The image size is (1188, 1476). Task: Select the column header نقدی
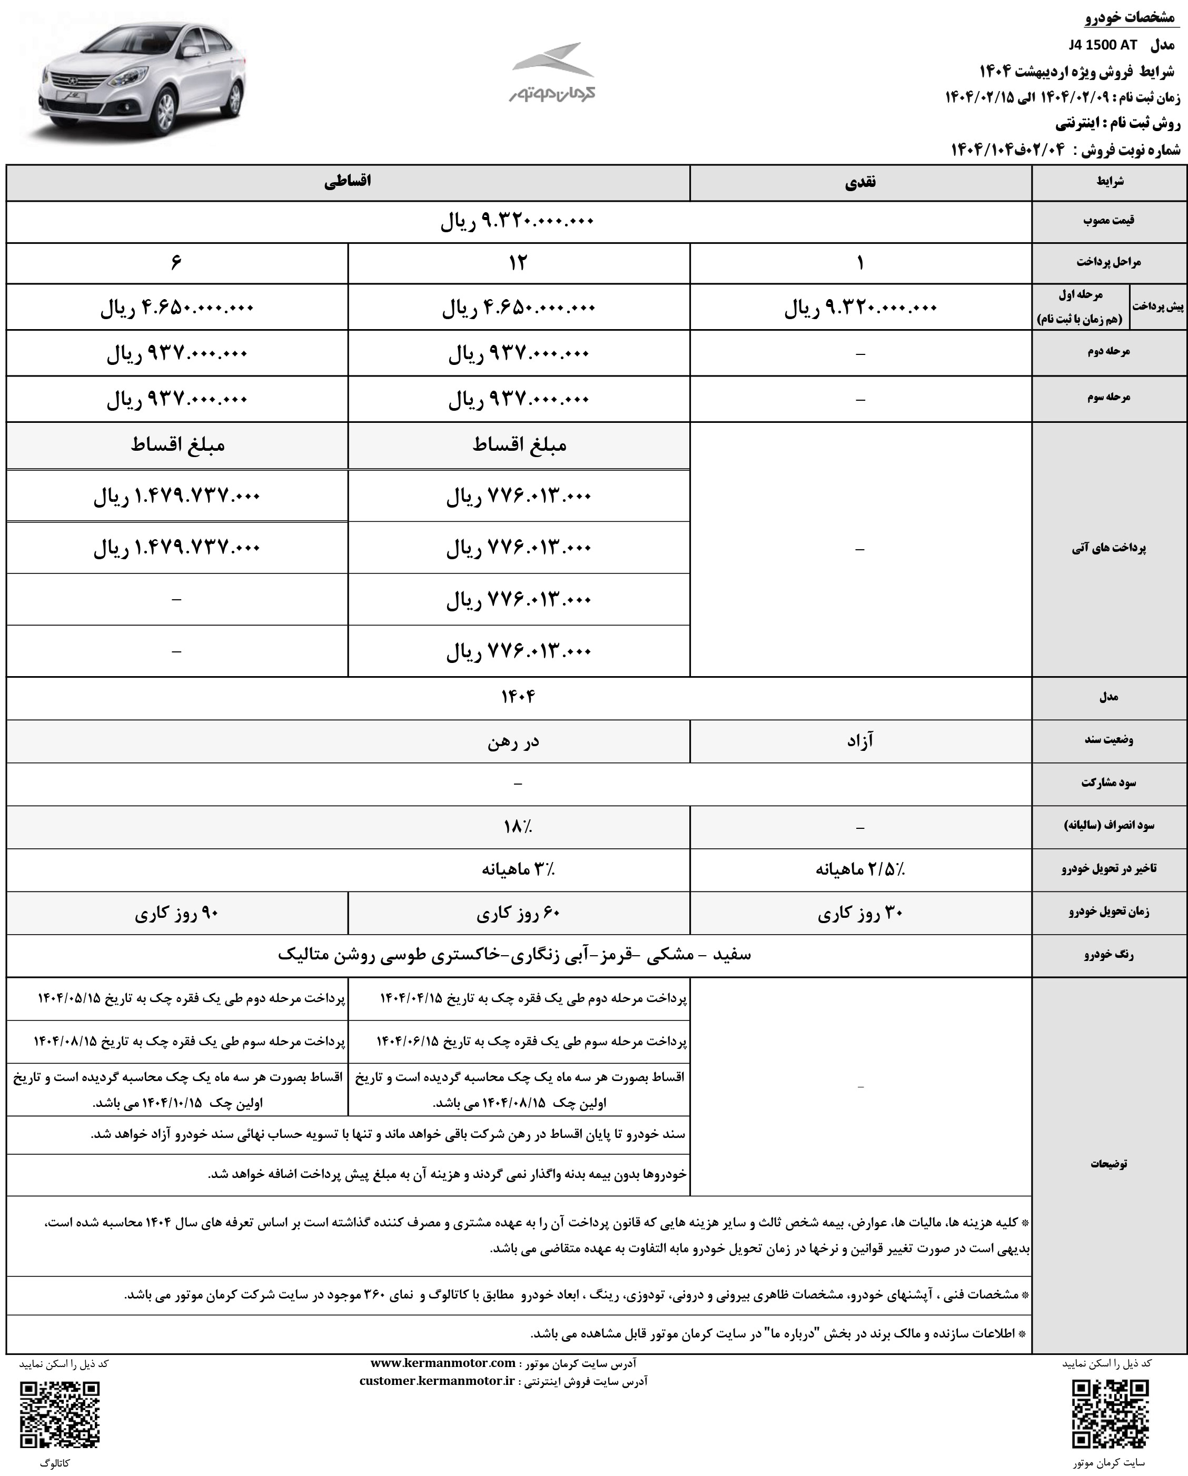tap(860, 182)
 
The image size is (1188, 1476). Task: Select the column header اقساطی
tap(347, 182)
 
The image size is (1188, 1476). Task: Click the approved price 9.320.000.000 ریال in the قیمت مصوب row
tap(518, 221)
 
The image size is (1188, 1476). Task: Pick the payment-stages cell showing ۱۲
tap(518, 263)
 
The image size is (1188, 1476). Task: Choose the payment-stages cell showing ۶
tap(176, 263)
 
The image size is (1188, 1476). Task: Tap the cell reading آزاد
tap(860, 741)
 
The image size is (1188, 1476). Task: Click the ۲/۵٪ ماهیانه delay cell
tap(860, 869)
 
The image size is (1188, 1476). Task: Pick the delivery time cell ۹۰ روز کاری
tap(176, 913)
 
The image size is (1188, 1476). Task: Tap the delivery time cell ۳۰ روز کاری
tap(860, 913)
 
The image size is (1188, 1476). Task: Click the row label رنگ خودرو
tap(1108, 956)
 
